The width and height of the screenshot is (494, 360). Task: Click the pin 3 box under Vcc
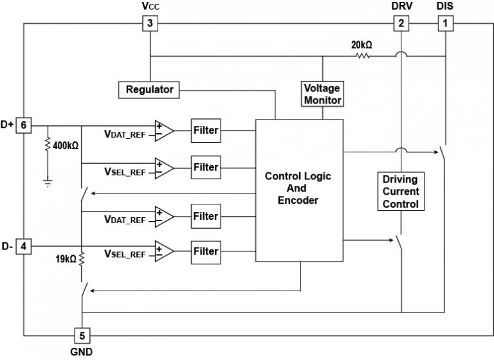click(x=149, y=24)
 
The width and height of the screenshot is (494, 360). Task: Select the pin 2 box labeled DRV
click(x=401, y=24)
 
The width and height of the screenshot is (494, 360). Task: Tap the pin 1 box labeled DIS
click(x=444, y=24)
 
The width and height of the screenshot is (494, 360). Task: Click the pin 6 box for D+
click(x=24, y=125)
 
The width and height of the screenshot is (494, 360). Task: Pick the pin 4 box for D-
click(x=24, y=246)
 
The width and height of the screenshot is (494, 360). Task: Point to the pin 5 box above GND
click(x=82, y=336)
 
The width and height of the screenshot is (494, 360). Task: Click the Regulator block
click(x=149, y=89)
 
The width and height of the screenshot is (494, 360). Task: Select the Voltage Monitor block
click(x=322, y=94)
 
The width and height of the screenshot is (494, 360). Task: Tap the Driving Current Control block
click(x=401, y=191)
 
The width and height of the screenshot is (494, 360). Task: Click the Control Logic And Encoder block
click(x=298, y=190)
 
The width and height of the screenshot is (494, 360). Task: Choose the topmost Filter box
click(x=206, y=131)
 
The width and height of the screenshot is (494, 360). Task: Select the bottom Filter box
click(x=206, y=251)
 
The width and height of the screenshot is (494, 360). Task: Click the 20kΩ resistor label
click(x=362, y=46)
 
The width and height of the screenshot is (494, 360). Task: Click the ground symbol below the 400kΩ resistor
click(x=48, y=183)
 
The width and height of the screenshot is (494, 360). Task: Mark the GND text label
click(x=81, y=352)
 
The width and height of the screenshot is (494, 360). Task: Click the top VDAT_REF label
click(x=125, y=134)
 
